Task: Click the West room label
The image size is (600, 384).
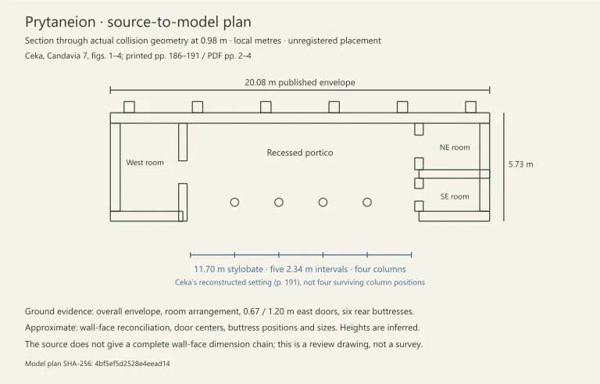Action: [x=145, y=163]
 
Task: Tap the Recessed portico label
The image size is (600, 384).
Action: [x=300, y=153]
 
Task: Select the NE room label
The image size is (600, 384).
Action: [x=455, y=148]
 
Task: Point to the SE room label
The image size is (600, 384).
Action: [x=455, y=196]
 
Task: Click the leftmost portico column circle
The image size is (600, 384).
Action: [x=234, y=203]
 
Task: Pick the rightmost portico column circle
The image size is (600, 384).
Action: [x=367, y=203]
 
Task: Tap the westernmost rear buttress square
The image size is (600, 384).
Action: [x=130, y=107]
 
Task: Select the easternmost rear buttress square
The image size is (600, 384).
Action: [x=470, y=107]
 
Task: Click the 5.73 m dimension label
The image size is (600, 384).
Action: [x=521, y=164]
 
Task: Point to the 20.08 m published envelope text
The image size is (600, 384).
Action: [x=300, y=82]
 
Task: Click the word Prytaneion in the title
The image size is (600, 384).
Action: [x=60, y=22]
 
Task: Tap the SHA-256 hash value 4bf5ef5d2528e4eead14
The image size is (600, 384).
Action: [x=132, y=364]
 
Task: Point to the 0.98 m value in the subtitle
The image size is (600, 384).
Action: [x=214, y=41]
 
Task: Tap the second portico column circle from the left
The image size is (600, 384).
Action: [x=279, y=203]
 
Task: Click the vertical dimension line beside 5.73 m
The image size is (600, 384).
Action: [x=504, y=167]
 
